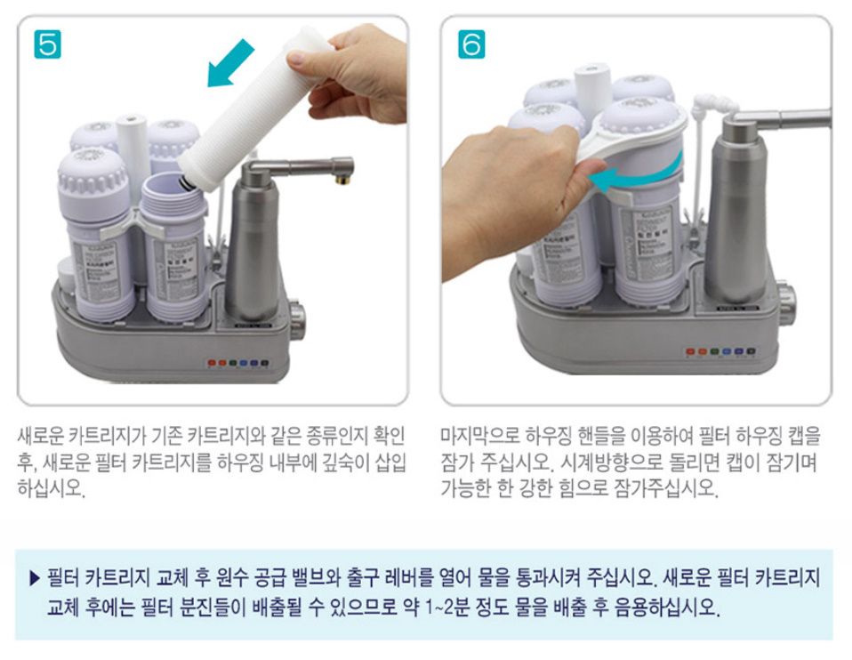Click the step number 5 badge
(46, 44)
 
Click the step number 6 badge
(470, 44)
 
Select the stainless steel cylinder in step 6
(737, 213)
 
